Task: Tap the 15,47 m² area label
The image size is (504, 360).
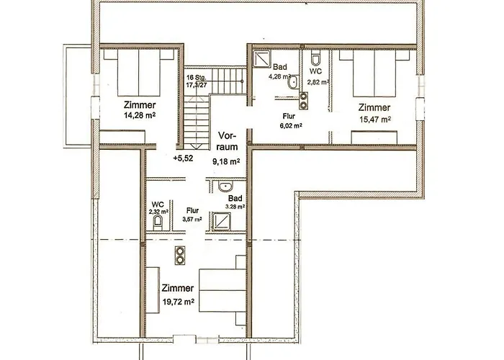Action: pos(374,120)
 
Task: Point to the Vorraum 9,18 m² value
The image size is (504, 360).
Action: pos(225,162)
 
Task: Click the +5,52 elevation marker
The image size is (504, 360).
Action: pos(184,157)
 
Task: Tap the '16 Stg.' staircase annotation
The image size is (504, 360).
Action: pos(197,77)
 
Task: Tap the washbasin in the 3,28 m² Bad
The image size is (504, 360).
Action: pos(223,187)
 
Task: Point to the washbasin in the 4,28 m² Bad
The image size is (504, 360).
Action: pos(292,84)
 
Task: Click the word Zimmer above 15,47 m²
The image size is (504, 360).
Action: pos(374,107)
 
